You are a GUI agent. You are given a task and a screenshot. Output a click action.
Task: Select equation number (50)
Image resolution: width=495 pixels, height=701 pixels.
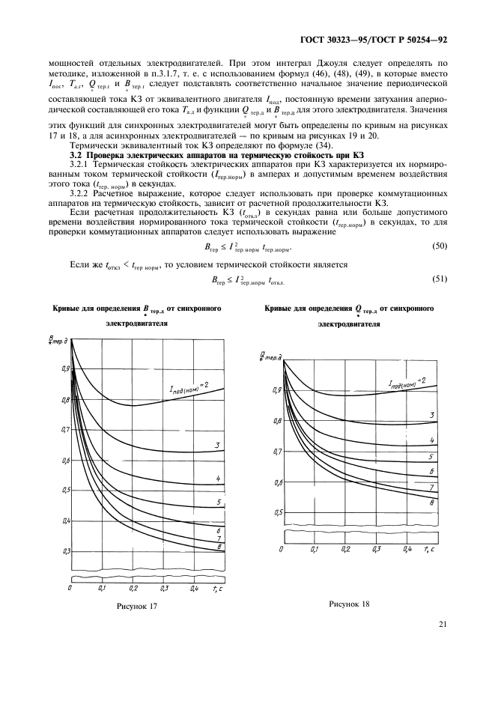coord(439,246)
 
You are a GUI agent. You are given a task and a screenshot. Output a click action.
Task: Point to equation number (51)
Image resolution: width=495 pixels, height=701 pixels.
coord(439,279)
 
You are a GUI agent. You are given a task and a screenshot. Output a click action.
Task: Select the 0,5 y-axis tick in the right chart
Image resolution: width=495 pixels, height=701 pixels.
coord(278,513)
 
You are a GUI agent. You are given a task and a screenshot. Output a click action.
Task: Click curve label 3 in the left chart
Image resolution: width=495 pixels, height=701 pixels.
coord(217,446)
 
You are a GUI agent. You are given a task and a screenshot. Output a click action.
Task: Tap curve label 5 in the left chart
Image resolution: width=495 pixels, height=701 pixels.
coord(217,501)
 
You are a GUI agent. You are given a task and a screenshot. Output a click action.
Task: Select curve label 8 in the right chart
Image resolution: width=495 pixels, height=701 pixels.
coord(432,503)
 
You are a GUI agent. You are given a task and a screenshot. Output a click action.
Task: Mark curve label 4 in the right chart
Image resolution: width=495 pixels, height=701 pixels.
coord(432,440)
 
